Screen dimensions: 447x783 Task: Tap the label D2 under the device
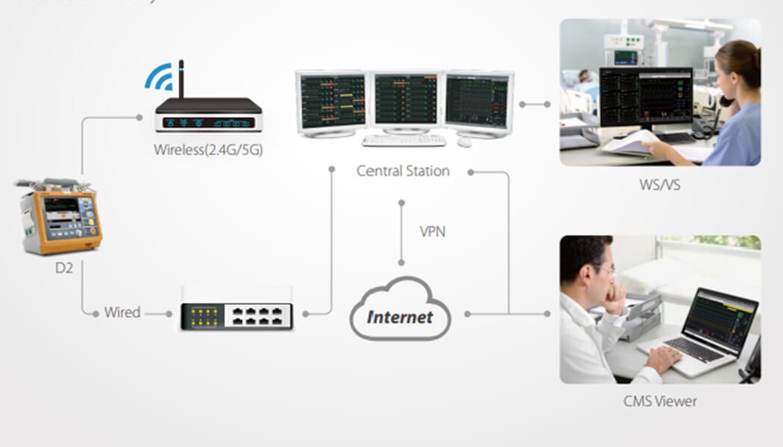64,267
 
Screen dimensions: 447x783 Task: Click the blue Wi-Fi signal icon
158,76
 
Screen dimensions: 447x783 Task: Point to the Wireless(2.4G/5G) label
208,149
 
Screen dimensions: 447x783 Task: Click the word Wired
122,313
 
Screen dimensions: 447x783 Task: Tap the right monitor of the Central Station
477,101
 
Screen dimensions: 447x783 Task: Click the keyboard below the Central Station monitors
403,140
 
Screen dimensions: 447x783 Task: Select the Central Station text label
403,171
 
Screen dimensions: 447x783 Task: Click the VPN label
433,232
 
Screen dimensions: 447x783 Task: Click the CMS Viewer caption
660,402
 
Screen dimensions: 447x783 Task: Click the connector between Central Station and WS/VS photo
535,104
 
